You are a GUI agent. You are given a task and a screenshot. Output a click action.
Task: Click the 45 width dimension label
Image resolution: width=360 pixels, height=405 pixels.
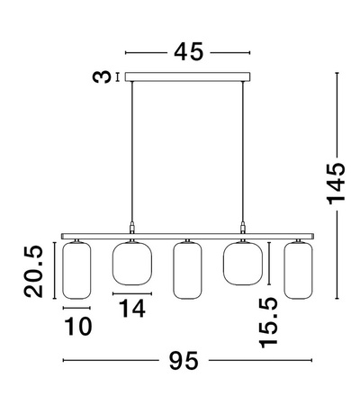tap(188, 52)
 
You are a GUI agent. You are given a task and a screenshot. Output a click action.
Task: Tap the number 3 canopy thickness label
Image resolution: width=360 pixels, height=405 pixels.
tap(101, 76)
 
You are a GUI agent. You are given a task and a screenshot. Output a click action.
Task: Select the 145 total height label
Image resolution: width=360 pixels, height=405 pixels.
tap(337, 184)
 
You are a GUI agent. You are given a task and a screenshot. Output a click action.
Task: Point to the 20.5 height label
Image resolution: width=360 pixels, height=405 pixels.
tap(33, 271)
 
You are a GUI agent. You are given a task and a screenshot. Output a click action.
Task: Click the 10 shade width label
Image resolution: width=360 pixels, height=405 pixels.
tap(78, 326)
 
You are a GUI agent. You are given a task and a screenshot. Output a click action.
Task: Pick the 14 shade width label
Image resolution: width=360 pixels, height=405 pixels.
tap(132, 308)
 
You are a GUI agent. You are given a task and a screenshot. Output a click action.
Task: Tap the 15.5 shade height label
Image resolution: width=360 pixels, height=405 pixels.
tap(268, 322)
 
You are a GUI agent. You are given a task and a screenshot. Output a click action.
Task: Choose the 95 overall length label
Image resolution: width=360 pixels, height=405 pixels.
tap(184, 360)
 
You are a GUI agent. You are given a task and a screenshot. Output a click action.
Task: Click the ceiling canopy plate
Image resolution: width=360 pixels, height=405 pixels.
tap(187, 76)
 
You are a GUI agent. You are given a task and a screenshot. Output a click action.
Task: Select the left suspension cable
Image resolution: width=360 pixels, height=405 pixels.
tap(131, 152)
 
